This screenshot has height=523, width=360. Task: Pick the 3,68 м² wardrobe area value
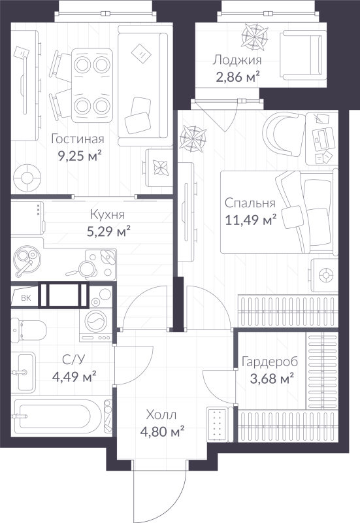pos(267,378)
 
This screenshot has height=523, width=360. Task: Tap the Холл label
pos(161,414)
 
